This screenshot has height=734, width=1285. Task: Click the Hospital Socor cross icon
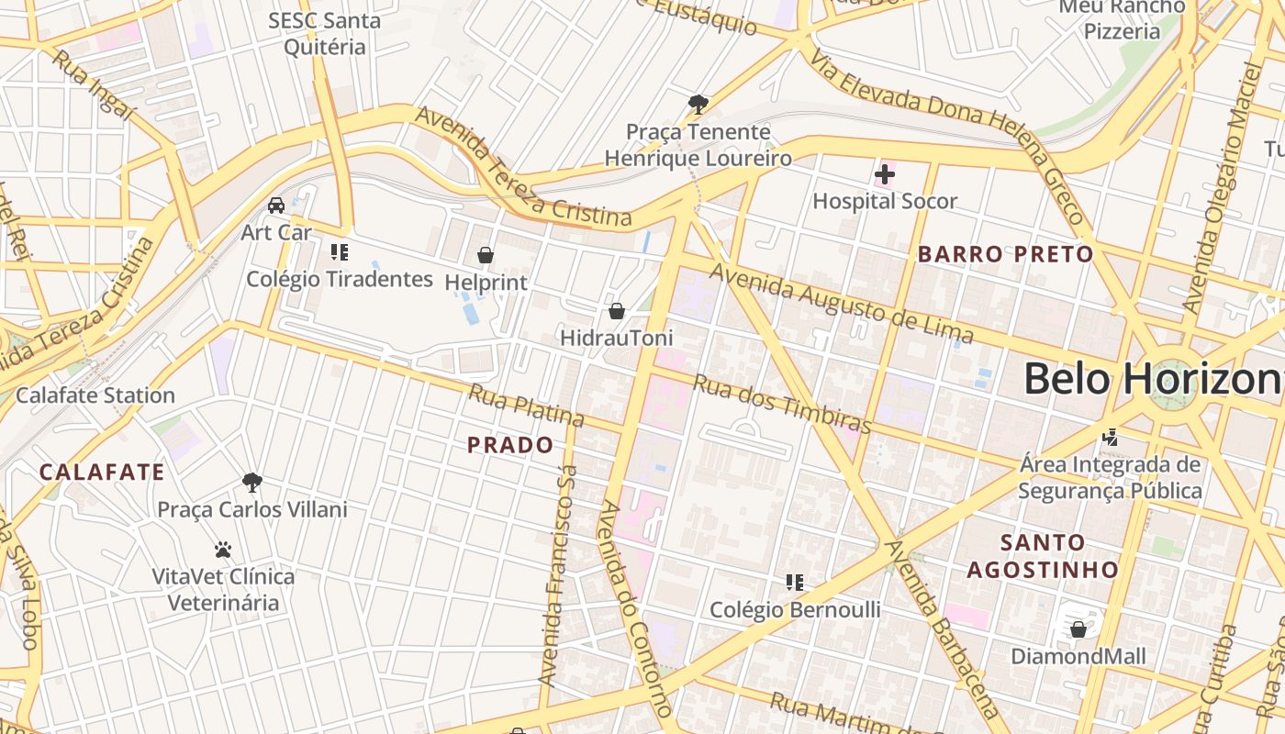coord(885,173)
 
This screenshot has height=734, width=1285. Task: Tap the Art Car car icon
coord(276,205)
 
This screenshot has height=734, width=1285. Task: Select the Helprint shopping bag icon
coord(486,255)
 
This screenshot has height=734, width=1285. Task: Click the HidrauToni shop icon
coord(617,311)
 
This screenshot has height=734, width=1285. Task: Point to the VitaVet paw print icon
coord(222,550)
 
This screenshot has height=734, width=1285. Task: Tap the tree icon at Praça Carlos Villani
coord(252,482)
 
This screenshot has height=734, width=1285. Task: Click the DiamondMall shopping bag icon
coord(1078,629)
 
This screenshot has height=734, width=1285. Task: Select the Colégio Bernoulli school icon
coord(795,582)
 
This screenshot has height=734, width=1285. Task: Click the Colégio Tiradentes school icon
coord(340,251)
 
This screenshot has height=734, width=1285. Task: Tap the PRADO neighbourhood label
coord(510,446)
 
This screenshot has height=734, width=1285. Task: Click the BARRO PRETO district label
coord(1006,254)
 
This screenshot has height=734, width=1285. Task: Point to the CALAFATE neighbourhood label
coord(102,473)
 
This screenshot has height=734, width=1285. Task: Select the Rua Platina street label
coord(526,406)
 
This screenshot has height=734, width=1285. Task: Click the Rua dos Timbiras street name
coord(781,404)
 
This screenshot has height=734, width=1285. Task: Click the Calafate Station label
coord(95,395)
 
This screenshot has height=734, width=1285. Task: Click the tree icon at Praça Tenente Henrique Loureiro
coord(698,104)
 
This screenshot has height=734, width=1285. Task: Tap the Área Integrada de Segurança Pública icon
coord(1111,437)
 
